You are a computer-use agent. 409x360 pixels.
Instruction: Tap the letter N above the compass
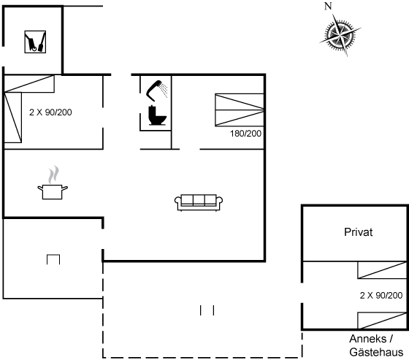coord(328,6)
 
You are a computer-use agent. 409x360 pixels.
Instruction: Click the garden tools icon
coord(35,42)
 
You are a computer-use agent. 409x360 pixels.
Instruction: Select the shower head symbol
coord(156,91)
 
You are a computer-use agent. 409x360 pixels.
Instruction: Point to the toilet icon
coord(157,115)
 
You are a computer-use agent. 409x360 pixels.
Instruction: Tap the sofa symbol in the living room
coord(199,202)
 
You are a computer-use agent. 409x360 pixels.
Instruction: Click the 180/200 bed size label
coord(245,134)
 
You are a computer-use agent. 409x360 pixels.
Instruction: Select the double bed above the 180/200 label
coord(240,110)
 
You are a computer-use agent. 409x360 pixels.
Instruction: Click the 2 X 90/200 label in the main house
coord(50,112)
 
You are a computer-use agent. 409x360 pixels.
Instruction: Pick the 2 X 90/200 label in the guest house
coord(381,295)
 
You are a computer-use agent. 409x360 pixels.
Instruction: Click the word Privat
coord(358,232)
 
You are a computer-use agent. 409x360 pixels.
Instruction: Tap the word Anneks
coord(368,339)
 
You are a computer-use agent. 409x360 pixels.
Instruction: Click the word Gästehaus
coord(376,352)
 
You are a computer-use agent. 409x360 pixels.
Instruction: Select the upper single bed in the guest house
coord(382,269)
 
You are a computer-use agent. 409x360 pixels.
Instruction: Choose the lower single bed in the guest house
coord(382,321)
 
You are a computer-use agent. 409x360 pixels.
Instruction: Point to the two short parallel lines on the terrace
coord(207,310)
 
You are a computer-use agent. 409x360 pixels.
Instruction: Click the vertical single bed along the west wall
coord(13,118)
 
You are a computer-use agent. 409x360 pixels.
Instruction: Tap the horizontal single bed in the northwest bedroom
coord(29,84)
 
